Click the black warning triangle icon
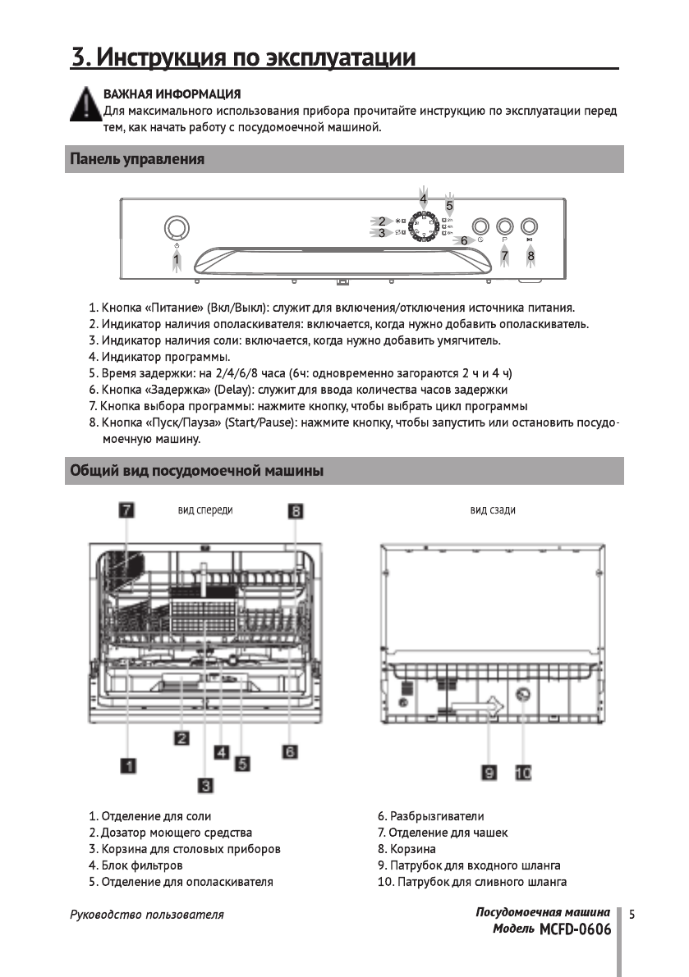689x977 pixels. coord(84,107)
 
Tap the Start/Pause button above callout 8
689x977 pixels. coord(530,226)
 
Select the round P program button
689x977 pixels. coord(505,226)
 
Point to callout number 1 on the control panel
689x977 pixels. coord(176,261)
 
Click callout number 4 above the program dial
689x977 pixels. coord(423,199)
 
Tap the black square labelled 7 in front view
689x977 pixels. coord(126,510)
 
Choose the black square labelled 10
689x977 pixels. coord(523,772)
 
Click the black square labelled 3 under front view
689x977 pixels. coord(205,785)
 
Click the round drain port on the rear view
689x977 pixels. coord(521,696)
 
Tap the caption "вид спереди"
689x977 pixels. coord(205,510)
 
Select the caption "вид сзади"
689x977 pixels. coord(493,510)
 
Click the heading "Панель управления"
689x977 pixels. coord(136,159)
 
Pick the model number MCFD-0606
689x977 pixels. coord(576,929)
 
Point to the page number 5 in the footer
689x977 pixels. coord(632,913)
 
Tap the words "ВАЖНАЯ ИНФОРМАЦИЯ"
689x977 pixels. coord(172,94)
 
